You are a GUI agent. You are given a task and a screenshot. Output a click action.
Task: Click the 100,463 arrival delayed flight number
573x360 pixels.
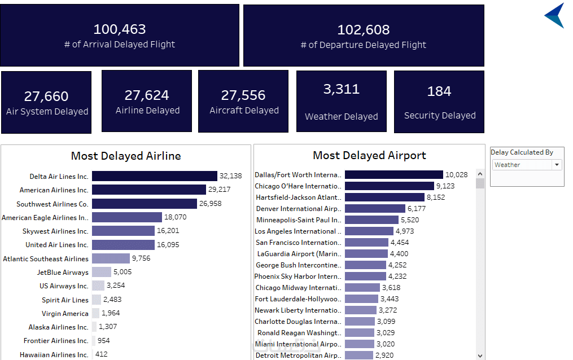click(120, 29)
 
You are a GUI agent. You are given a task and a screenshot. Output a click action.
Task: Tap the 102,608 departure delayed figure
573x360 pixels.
click(364, 30)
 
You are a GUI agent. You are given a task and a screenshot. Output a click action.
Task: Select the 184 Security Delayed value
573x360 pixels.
click(439, 91)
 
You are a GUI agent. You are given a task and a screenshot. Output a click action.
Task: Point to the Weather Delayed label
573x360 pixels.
click(342, 117)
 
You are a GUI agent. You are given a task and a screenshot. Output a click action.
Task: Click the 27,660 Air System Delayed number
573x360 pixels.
click(46, 97)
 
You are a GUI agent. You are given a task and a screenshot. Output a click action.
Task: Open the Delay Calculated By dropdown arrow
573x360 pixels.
click(557, 165)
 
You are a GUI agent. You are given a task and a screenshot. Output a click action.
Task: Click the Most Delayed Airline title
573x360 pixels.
click(126, 156)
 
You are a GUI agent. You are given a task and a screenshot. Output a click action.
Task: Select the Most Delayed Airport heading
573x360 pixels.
click(369, 155)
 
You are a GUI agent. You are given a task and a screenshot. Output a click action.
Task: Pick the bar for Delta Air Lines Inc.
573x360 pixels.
click(154, 176)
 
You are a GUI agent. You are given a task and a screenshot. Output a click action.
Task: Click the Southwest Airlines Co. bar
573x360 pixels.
click(145, 204)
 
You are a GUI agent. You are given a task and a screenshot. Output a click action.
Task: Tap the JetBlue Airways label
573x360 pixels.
click(63, 273)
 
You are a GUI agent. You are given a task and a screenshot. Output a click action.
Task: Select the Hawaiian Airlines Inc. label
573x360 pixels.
click(54, 355)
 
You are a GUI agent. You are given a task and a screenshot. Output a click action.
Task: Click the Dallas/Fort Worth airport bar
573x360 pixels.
click(393, 175)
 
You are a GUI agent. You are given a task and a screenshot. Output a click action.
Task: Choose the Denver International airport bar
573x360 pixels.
click(375, 209)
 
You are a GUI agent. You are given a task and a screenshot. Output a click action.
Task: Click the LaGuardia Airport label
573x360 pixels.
click(299, 254)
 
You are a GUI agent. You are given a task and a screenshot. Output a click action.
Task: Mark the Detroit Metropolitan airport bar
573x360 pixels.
click(359, 355)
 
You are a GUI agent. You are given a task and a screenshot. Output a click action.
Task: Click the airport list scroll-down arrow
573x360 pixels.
click(480, 355)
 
